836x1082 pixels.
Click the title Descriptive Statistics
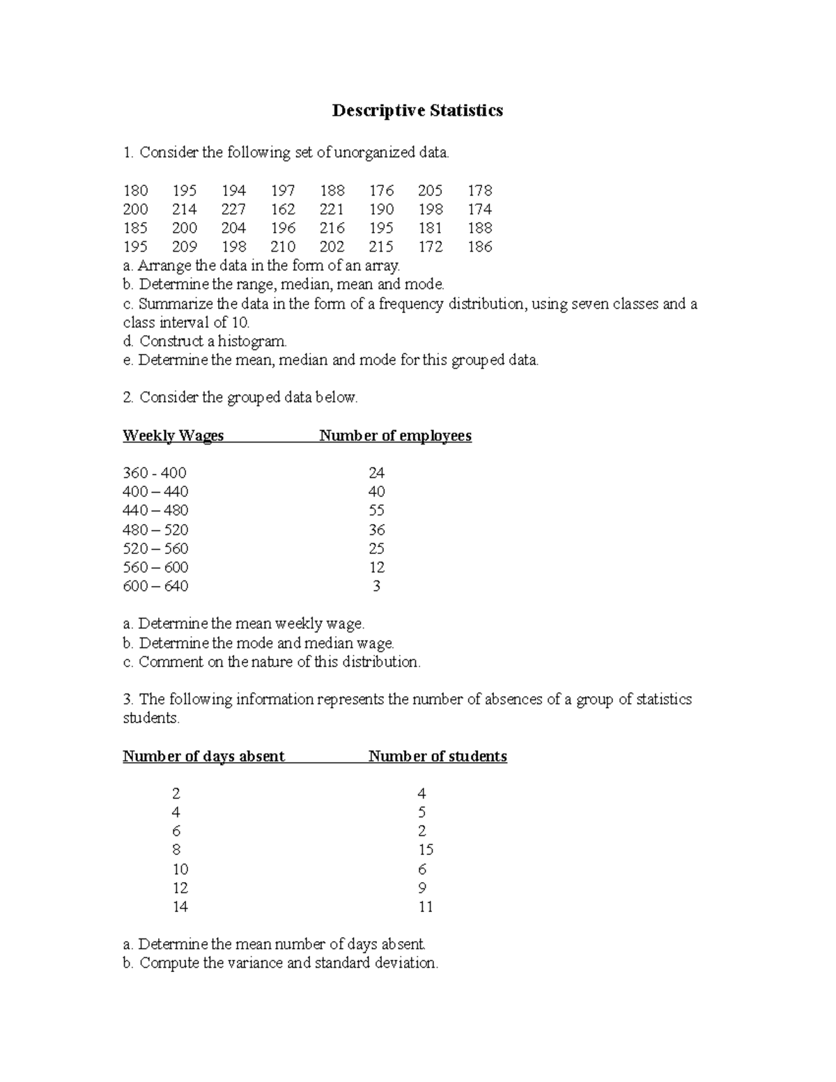pyautogui.click(x=417, y=111)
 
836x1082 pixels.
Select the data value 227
pyautogui.click(x=233, y=209)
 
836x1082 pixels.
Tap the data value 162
pyautogui.click(x=283, y=209)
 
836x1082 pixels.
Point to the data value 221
pyautogui.click(x=332, y=209)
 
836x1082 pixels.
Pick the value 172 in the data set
pyautogui.click(x=431, y=247)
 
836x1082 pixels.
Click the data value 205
pyautogui.click(x=431, y=190)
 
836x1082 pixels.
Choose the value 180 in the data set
pyautogui.click(x=135, y=190)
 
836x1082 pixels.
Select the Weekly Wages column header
pyautogui.click(x=173, y=436)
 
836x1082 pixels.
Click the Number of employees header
pyautogui.click(x=395, y=436)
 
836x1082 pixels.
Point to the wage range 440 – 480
pyautogui.click(x=155, y=511)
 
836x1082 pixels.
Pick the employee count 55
pyautogui.click(x=376, y=511)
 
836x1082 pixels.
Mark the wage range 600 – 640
pyautogui.click(x=155, y=586)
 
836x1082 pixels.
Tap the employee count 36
pyautogui.click(x=376, y=530)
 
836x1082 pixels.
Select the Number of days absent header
pyautogui.click(x=203, y=757)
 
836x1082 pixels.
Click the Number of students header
pyautogui.click(x=438, y=757)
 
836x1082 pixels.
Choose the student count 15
pyautogui.click(x=426, y=850)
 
